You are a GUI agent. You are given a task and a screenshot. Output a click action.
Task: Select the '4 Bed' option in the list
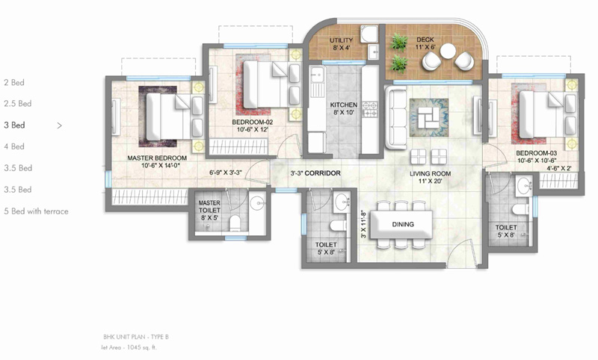pyautogui.click(x=14, y=146)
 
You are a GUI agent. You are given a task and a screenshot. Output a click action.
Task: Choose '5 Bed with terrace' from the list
pyautogui.click(x=36, y=211)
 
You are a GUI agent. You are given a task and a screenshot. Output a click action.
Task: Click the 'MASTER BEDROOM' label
pyautogui.click(x=156, y=158)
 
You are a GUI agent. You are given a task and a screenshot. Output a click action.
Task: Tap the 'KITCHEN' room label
pyautogui.click(x=344, y=105)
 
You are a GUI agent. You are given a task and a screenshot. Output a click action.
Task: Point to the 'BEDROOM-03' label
pyautogui.click(x=535, y=152)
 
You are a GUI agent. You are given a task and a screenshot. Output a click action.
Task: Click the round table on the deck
pyautogui.click(x=448, y=51)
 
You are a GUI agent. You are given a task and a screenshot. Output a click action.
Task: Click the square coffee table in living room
pyautogui.click(x=429, y=117)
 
